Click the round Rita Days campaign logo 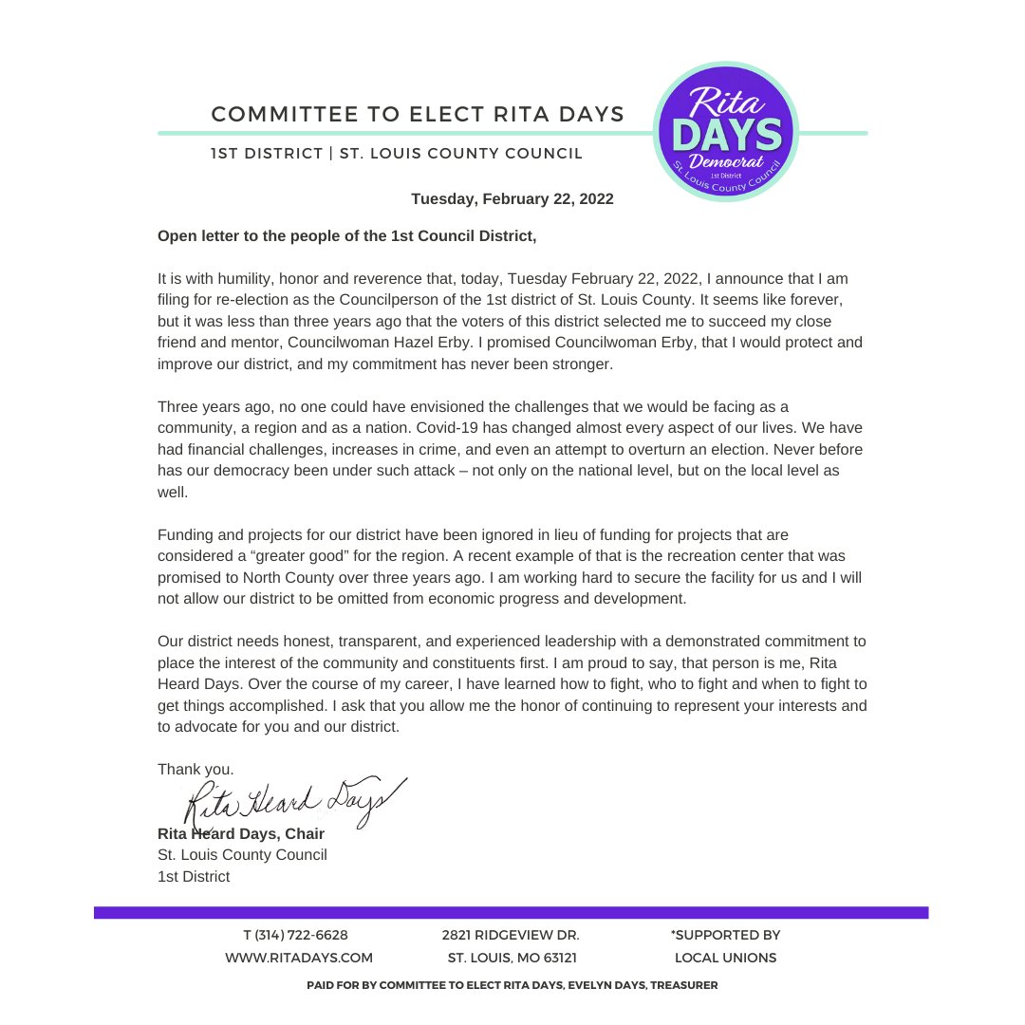(x=727, y=132)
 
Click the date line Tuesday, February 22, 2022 (x=512, y=199)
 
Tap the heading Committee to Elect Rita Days (x=418, y=115)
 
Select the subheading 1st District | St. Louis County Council (x=397, y=153)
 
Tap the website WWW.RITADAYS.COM (x=298, y=958)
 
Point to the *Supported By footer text (x=725, y=935)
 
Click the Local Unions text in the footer (x=725, y=958)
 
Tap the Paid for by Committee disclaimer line (x=512, y=986)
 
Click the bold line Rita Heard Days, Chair (x=241, y=833)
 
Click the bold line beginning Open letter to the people (x=346, y=235)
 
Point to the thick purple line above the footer (x=511, y=912)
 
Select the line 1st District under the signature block (x=194, y=876)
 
